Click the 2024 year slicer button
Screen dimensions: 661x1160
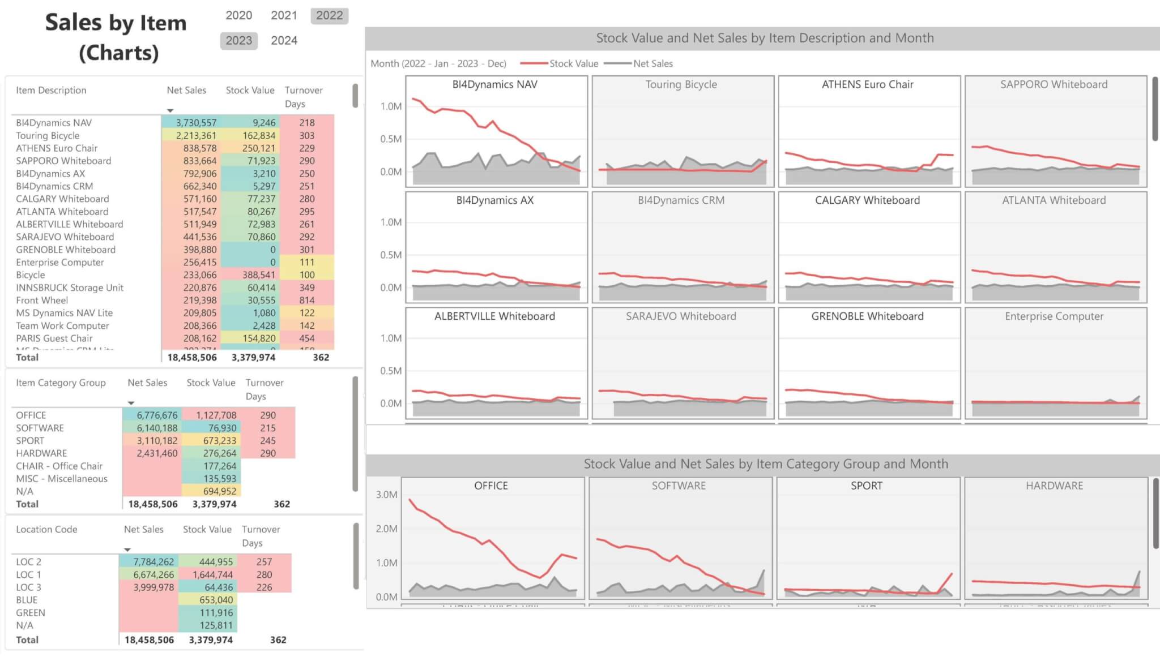tap(284, 41)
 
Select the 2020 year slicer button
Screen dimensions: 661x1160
tap(238, 15)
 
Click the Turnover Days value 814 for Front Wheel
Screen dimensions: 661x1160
tap(307, 301)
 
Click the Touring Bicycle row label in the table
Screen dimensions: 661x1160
tap(48, 136)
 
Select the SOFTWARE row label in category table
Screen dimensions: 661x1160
tap(40, 428)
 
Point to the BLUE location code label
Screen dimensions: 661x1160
tap(27, 600)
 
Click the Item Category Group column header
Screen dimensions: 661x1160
tap(61, 383)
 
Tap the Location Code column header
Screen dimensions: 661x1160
tap(46, 530)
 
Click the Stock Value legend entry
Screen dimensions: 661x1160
tap(573, 64)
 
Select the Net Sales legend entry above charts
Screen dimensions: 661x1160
tap(652, 64)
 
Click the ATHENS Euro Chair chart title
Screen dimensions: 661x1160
tap(867, 85)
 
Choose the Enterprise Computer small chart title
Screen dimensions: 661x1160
tap(1054, 316)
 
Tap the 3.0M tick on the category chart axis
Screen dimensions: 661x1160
tap(386, 495)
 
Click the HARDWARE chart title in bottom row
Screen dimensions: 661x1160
tap(1054, 486)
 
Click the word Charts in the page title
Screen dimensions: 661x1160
tap(119, 53)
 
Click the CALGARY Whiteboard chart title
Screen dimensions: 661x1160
tap(867, 200)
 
